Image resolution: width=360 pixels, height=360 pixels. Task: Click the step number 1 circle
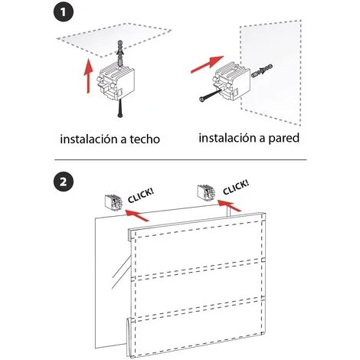pos(64,11)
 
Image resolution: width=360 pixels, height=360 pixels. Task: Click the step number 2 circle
pos(64,182)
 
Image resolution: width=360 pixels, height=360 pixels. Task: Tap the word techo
pos(145,139)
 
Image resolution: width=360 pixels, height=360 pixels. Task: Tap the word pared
pos(283,139)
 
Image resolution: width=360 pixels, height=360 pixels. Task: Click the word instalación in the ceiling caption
pos(88,139)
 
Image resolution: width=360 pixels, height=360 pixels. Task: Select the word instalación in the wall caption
pos(227,138)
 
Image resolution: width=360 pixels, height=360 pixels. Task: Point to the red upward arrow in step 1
pos(88,76)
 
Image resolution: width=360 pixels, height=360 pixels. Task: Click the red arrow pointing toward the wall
pos(207,64)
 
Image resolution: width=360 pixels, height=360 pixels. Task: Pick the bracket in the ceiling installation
pos(116,82)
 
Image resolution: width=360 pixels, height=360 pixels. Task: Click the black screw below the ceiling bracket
pos(119,109)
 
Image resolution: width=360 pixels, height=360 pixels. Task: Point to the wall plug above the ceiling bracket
pos(119,53)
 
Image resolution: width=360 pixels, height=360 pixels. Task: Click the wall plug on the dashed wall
pos(262,71)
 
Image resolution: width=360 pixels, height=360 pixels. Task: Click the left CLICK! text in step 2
pos(141,196)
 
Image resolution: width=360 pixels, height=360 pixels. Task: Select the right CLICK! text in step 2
pos(236,187)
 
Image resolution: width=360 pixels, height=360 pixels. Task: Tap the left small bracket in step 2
pos(113,202)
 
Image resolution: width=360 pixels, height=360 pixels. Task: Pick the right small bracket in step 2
pos(206,192)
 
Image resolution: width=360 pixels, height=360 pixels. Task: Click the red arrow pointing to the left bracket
pos(137,215)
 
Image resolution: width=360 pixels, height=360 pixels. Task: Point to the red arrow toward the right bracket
pos(229,206)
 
